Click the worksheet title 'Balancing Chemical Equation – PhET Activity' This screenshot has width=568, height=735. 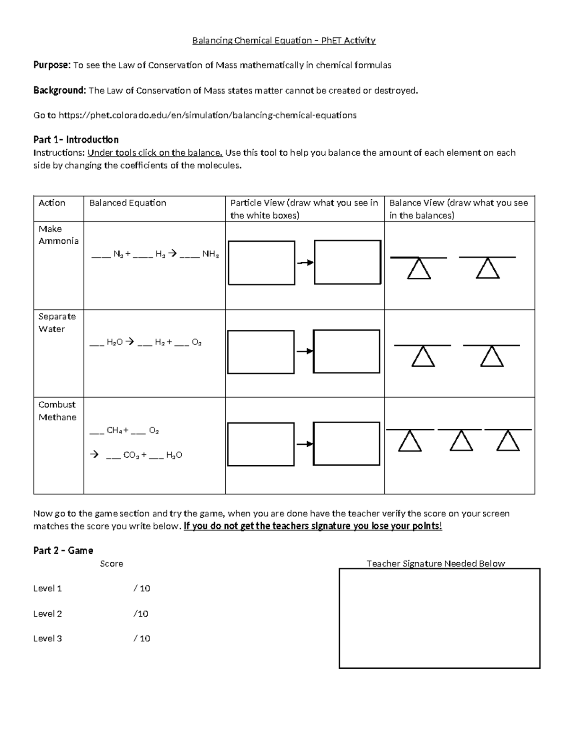point(284,40)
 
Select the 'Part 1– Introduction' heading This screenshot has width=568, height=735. point(76,140)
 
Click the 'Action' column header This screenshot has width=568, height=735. point(52,203)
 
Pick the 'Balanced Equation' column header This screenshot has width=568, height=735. point(128,203)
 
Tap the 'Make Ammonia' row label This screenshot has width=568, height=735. point(58,235)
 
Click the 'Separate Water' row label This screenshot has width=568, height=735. point(57,323)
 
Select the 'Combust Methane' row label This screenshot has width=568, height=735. point(57,411)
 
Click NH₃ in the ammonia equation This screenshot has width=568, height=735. point(211,254)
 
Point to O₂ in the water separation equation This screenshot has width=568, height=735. point(197,342)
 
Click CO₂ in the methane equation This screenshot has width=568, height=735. point(131,455)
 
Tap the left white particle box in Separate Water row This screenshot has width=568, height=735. point(261,352)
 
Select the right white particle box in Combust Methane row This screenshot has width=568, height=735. point(346,443)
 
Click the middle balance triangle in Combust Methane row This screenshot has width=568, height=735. point(461,441)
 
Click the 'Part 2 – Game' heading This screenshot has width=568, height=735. point(63,550)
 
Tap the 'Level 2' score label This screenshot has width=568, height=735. point(47,614)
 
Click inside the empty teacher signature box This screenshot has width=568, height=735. point(439,618)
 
